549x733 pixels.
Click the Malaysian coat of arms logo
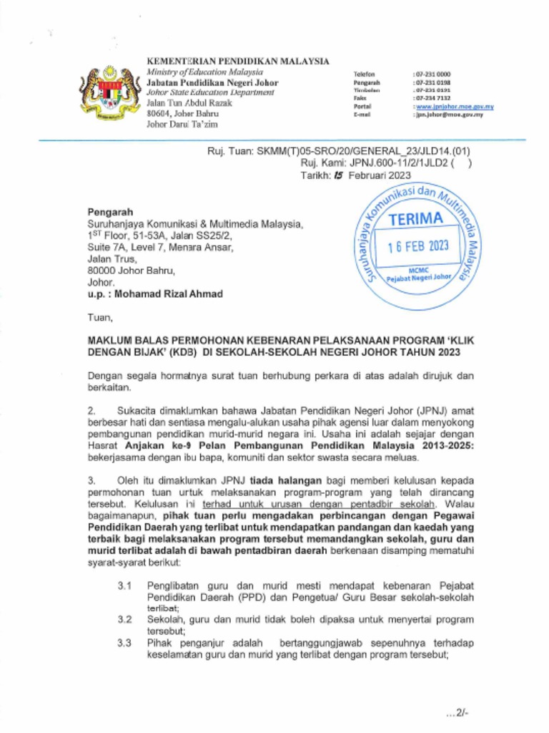coord(109,93)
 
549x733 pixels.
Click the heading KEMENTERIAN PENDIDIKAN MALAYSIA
coord(237,62)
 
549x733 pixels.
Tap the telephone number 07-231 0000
coord(432,74)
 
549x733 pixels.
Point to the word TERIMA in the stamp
coord(416,219)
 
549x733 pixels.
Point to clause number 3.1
coord(124,586)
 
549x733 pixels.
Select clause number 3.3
coord(124,643)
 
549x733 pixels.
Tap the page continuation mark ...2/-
coord(456,712)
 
